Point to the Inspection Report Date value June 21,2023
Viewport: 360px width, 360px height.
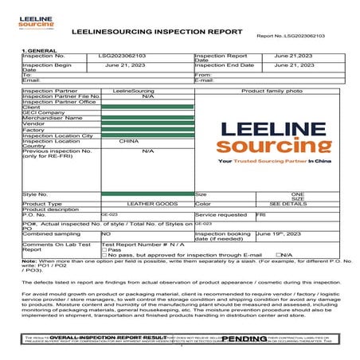coord(294,57)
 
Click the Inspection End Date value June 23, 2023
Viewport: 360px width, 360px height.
coord(294,65)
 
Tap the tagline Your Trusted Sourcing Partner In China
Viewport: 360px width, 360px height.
coord(274,161)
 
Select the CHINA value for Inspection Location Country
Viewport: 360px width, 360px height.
coord(128,141)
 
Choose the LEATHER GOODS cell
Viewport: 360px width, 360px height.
coord(146,204)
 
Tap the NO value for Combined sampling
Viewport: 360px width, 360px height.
coord(106,234)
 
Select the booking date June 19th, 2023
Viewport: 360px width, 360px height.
coord(279,234)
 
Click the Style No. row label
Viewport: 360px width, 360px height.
coord(36,194)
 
